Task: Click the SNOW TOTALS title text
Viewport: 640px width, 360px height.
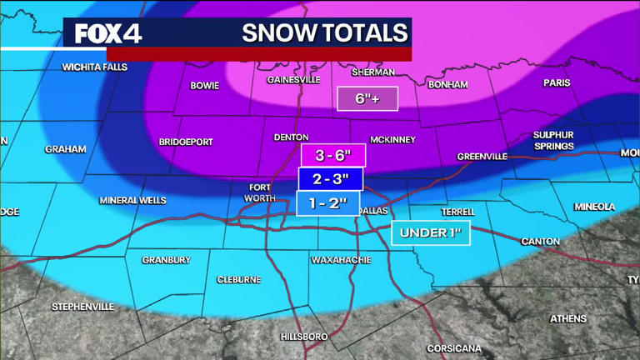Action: pos(325,33)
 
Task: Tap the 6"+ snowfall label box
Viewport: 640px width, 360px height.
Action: pos(367,98)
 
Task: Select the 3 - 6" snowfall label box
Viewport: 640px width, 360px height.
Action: pos(332,155)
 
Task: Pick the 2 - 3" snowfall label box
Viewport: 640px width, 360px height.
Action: pos(329,179)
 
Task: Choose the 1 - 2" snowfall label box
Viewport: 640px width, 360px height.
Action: pos(327,203)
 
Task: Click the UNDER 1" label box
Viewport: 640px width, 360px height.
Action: pos(431,232)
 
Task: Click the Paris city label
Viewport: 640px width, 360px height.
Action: pos(557,82)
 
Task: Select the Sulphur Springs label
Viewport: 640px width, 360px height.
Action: pos(554,140)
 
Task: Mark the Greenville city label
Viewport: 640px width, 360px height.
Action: pos(482,156)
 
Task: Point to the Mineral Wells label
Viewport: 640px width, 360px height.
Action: pos(132,201)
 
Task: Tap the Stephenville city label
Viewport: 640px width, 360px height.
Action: pos(83,307)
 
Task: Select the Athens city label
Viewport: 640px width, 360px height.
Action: pos(568,318)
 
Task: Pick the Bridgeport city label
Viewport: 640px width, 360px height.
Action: pos(186,142)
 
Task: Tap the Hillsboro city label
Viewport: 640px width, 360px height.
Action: pos(305,336)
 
